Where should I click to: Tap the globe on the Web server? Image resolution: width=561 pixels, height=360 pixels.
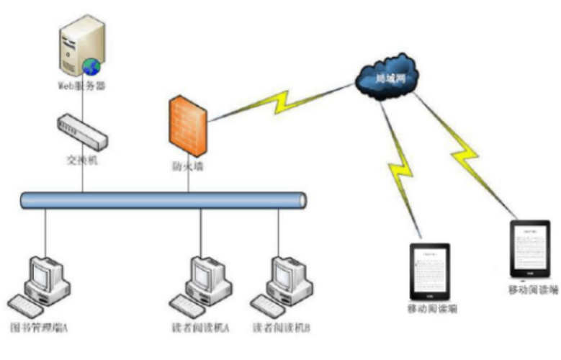tap(91, 66)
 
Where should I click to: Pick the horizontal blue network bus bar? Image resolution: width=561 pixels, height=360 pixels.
tap(163, 199)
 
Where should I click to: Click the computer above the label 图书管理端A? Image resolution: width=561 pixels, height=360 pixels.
tap(43, 279)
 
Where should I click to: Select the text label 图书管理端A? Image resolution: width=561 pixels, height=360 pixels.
tap(39, 328)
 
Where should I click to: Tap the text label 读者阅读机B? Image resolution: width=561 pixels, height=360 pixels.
tap(282, 328)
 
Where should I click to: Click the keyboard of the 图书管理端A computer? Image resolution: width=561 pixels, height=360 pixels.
tap(29, 303)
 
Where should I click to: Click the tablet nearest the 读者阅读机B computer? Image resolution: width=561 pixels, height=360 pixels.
tap(430, 271)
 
